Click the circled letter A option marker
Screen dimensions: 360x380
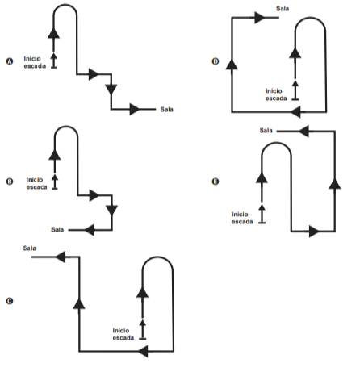click(10, 61)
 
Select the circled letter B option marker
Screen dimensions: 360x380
click(10, 182)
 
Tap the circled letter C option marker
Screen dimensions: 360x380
click(10, 301)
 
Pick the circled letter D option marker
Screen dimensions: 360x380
click(216, 61)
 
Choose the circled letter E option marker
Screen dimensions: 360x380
click(216, 182)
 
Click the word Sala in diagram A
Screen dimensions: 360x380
click(167, 110)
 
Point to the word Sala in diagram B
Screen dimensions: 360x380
click(57, 229)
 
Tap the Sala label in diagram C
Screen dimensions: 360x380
click(30, 248)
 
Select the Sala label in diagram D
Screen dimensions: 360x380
click(283, 9)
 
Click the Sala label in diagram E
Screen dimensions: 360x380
click(266, 131)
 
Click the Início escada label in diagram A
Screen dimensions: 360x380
click(35, 62)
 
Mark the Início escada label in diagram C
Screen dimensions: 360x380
click(123, 334)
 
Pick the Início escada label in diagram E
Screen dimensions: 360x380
click(242, 218)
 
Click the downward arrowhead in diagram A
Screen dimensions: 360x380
click(111, 89)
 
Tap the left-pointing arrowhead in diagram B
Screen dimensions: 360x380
click(90, 230)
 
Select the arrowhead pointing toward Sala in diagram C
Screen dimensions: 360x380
click(61, 257)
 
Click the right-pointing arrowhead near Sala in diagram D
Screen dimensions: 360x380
click(260, 18)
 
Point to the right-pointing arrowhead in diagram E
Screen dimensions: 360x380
click(314, 232)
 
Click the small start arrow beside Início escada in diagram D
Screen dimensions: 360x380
click(295, 90)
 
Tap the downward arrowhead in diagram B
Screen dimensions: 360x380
click(111, 211)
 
